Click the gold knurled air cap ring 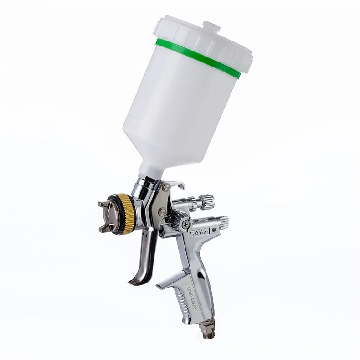(x=128, y=214)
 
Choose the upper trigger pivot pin (x=165, y=187)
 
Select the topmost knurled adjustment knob (x=206, y=201)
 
